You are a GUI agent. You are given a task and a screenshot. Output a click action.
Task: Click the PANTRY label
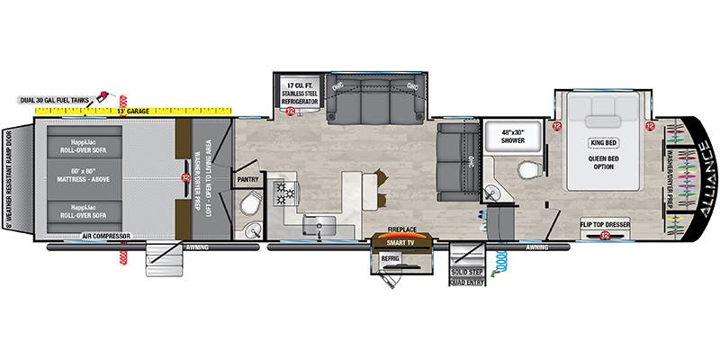pyautogui.click(x=247, y=179)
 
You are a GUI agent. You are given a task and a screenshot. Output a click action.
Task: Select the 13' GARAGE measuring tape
pyautogui.click(x=132, y=111)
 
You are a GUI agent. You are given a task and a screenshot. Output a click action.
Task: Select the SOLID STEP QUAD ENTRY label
pyautogui.click(x=467, y=275)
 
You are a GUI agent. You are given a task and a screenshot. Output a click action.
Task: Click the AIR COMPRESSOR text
pyautogui.click(x=106, y=236)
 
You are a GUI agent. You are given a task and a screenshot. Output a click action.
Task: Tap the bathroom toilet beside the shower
pyautogui.click(x=528, y=171)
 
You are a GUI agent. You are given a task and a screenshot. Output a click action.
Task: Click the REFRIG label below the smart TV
pyautogui.click(x=390, y=257)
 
